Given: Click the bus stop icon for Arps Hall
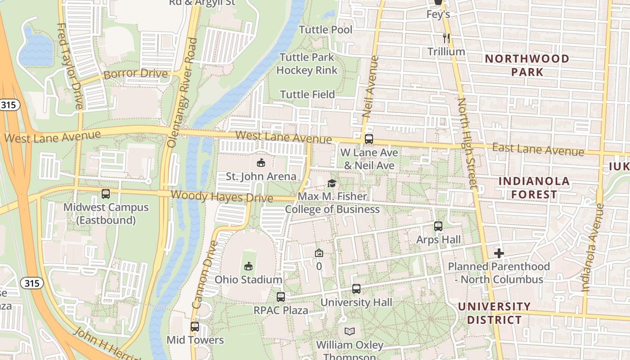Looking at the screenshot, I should [438, 226].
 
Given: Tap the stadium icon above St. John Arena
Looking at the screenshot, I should [261, 162].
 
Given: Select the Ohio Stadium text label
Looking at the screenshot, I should [248, 279].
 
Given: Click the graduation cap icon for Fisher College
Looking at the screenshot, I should [332, 183].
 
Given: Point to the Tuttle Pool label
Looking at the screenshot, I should [326, 30].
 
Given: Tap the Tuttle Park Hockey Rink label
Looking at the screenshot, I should [307, 64].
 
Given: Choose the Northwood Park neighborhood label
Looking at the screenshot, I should [527, 65].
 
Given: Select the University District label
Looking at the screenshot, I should [494, 313].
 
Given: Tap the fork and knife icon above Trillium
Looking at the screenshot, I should [446, 38].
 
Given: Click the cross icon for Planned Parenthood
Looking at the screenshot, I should [499, 253].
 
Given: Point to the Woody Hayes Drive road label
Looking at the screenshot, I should [222, 197].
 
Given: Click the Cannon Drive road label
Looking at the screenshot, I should [205, 274].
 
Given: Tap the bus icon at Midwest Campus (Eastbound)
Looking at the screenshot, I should [106, 194].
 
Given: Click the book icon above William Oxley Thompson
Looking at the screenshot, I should [350, 332].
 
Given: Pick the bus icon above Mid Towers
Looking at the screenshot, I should [195, 327].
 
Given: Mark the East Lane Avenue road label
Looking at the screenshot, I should [538, 149].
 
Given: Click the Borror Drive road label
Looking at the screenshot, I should [135, 74].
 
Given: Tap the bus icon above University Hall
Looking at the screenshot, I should [356, 289].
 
